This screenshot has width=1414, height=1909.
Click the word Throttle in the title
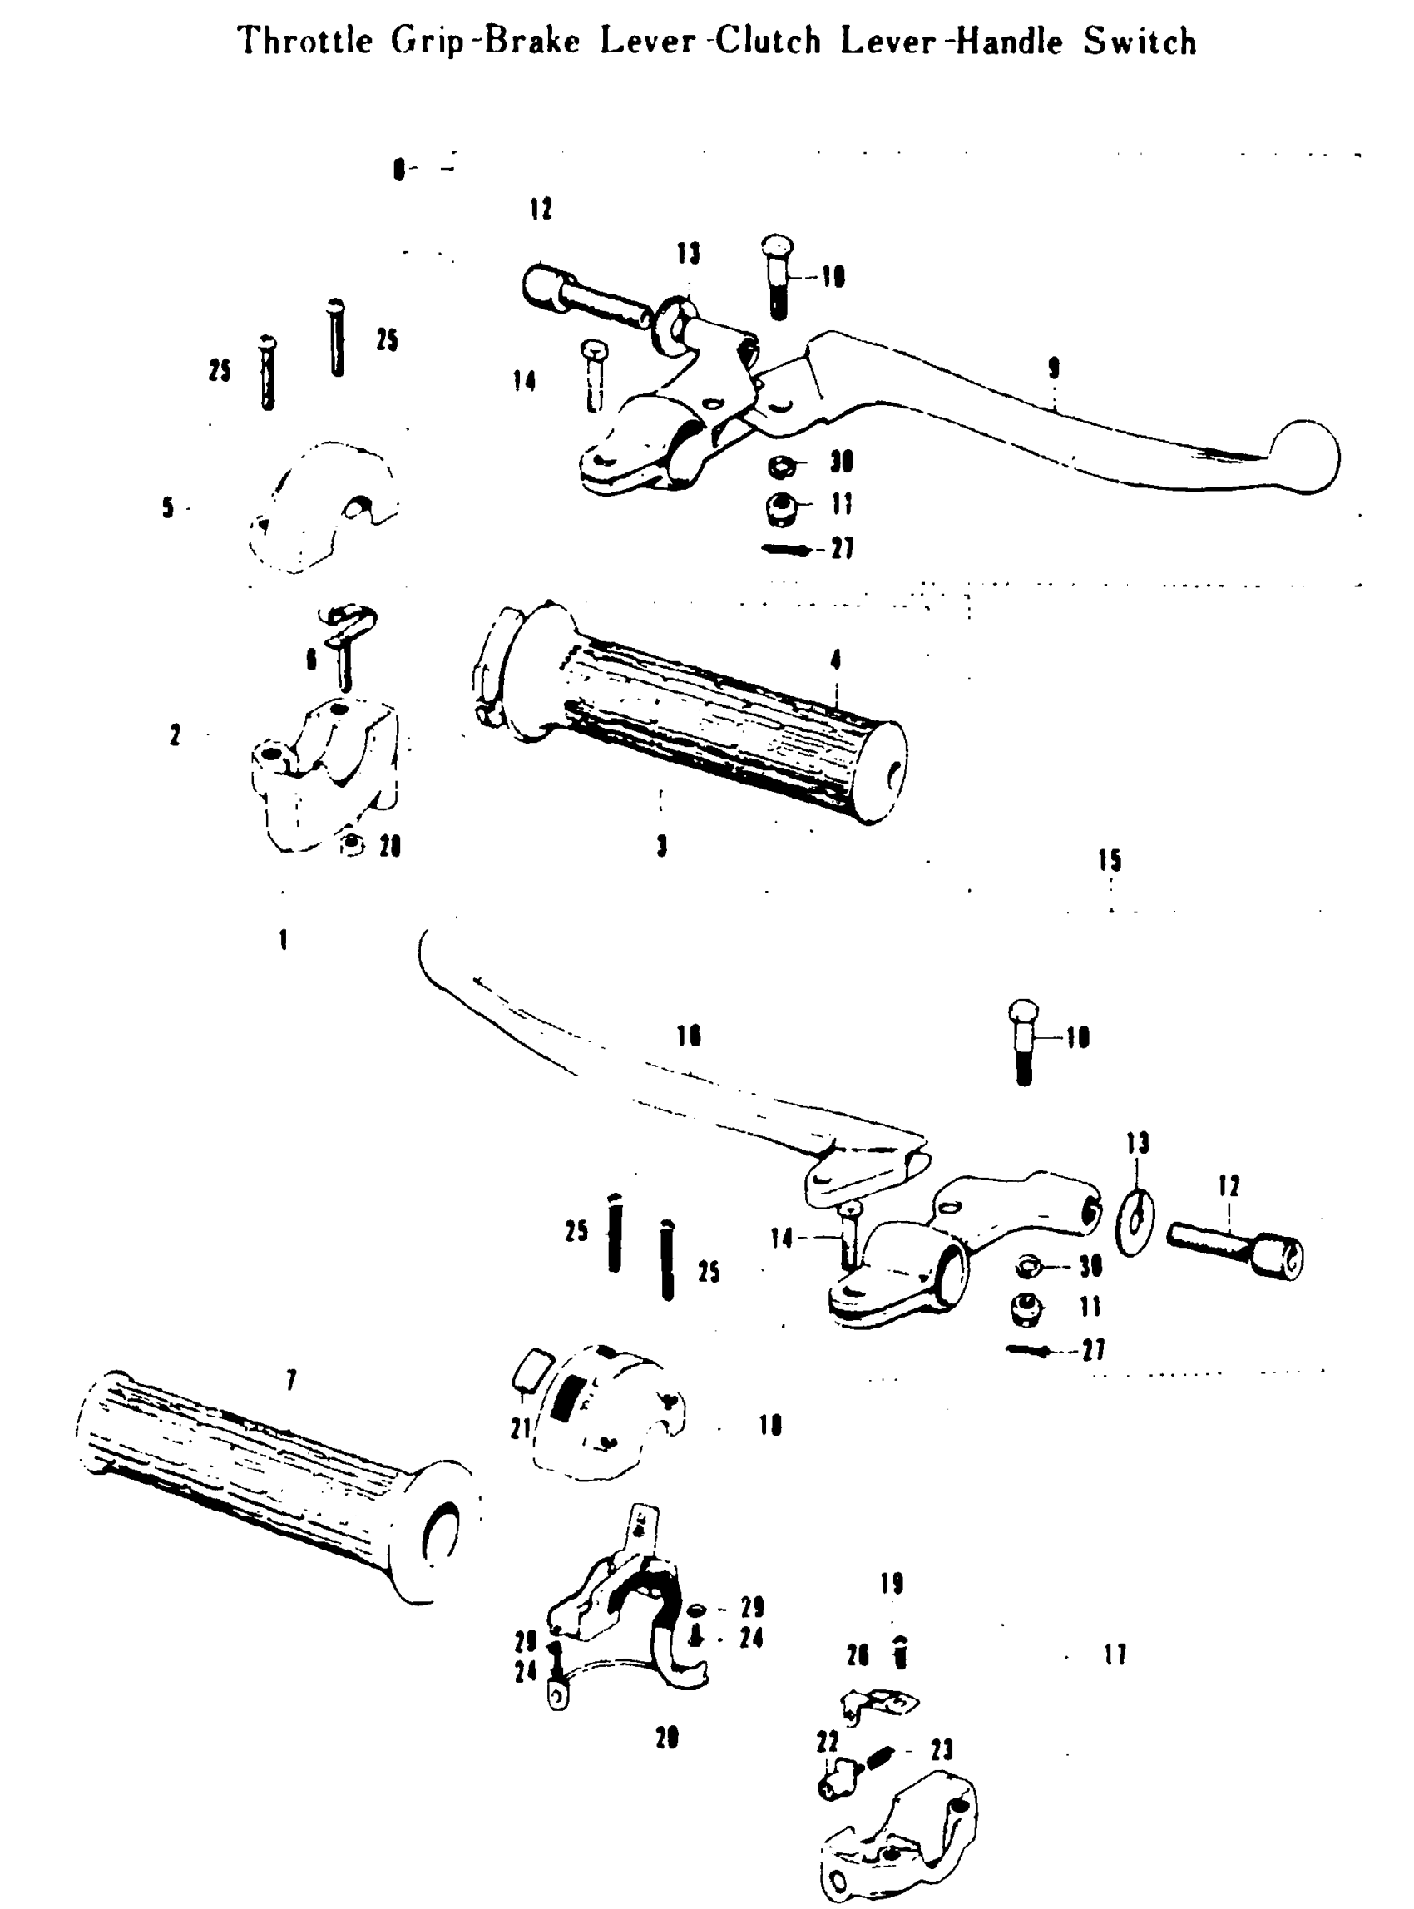point(304,41)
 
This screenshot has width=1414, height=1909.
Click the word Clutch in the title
point(768,41)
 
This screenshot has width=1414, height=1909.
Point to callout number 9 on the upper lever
point(1054,368)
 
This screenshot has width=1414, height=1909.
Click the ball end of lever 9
point(1305,457)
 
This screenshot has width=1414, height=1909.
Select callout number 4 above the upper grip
point(835,659)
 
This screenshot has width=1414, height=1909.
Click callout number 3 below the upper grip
point(661,846)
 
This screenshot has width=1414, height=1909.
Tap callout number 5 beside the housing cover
point(168,507)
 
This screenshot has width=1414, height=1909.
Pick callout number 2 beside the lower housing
point(175,734)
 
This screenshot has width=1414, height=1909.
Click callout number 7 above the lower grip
point(291,1380)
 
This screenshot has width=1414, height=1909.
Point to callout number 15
point(1110,860)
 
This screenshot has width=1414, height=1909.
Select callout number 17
point(1115,1654)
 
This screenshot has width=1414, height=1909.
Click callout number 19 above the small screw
point(892,1584)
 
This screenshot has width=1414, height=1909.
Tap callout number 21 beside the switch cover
point(522,1428)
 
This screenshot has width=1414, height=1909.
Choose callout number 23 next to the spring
point(942,1750)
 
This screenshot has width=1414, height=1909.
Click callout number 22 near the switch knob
point(828,1741)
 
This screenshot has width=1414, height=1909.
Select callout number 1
point(284,940)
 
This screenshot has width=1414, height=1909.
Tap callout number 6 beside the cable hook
point(312,659)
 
